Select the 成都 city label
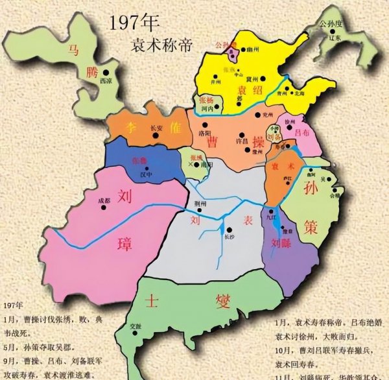tap(105, 200)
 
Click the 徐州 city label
tap(289, 121)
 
